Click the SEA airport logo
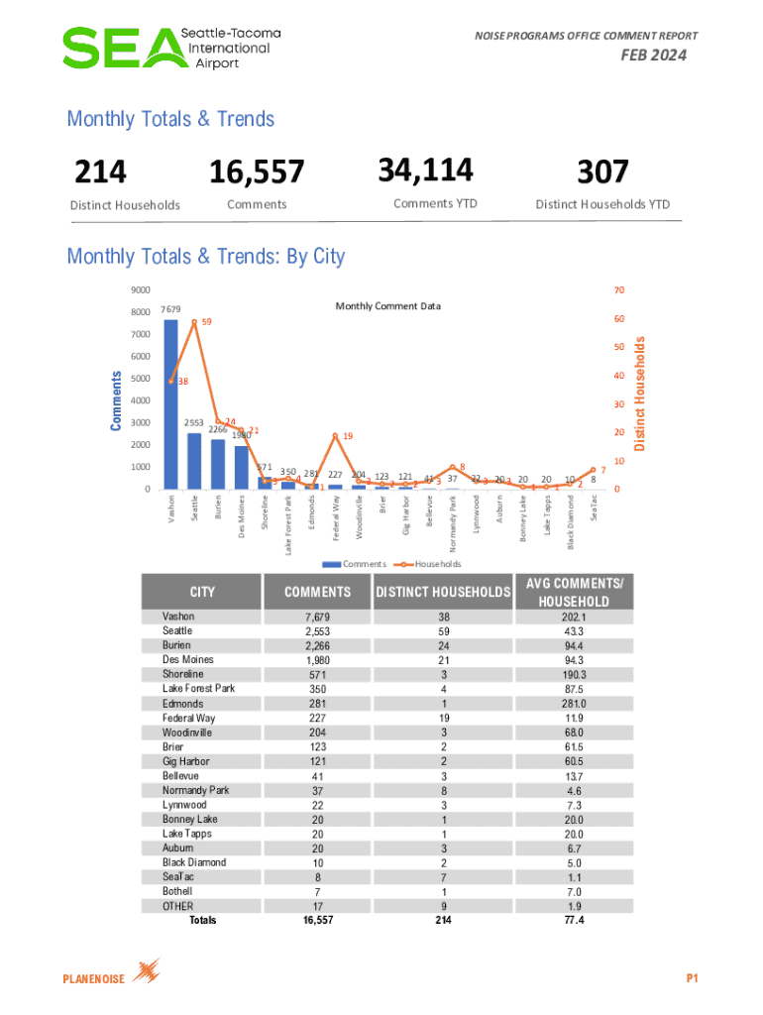tap(171, 48)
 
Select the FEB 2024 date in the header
tap(653, 56)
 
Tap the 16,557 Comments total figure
tap(256, 172)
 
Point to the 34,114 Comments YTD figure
tap(425, 170)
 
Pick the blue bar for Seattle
tap(194, 461)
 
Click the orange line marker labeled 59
tap(194, 322)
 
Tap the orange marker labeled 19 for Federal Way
tap(335, 435)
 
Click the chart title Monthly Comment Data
tap(387, 305)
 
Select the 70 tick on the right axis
tap(620, 290)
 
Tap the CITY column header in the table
tap(202, 592)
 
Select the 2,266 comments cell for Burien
tap(318, 645)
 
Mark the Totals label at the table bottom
tap(202, 921)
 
